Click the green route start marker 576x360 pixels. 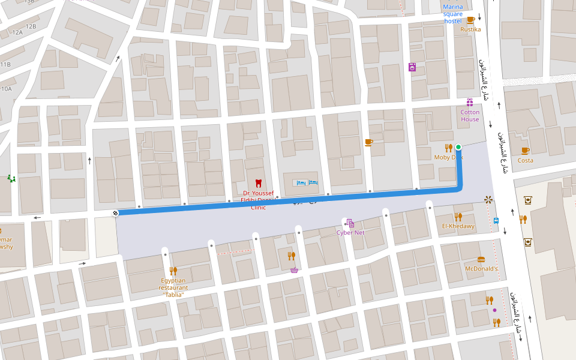(x=458, y=147)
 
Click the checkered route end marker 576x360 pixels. (x=115, y=213)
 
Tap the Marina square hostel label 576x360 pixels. (x=453, y=14)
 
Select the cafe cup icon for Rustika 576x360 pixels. (x=470, y=20)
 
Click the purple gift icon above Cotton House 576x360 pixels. (x=470, y=103)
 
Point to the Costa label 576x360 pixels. (x=525, y=160)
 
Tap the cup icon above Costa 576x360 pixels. (x=525, y=151)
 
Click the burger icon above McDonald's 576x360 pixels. (x=481, y=259)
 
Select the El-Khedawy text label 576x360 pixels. (x=458, y=226)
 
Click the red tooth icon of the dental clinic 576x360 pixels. (x=259, y=182)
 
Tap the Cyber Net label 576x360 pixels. (x=350, y=232)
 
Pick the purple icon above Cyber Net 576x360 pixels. (x=350, y=223)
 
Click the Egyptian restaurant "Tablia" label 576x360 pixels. (x=173, y=287)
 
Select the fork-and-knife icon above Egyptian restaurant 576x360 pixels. (x=173, y=271)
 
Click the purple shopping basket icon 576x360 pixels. (x=294, y=270)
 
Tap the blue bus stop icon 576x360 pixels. (x=496, y=220)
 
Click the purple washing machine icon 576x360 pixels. (x=412, y=67)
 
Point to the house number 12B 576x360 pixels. (x=31, y=26)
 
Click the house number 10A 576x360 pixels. (x=6, y=89)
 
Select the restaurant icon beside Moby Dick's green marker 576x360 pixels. (x=448, y=148)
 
